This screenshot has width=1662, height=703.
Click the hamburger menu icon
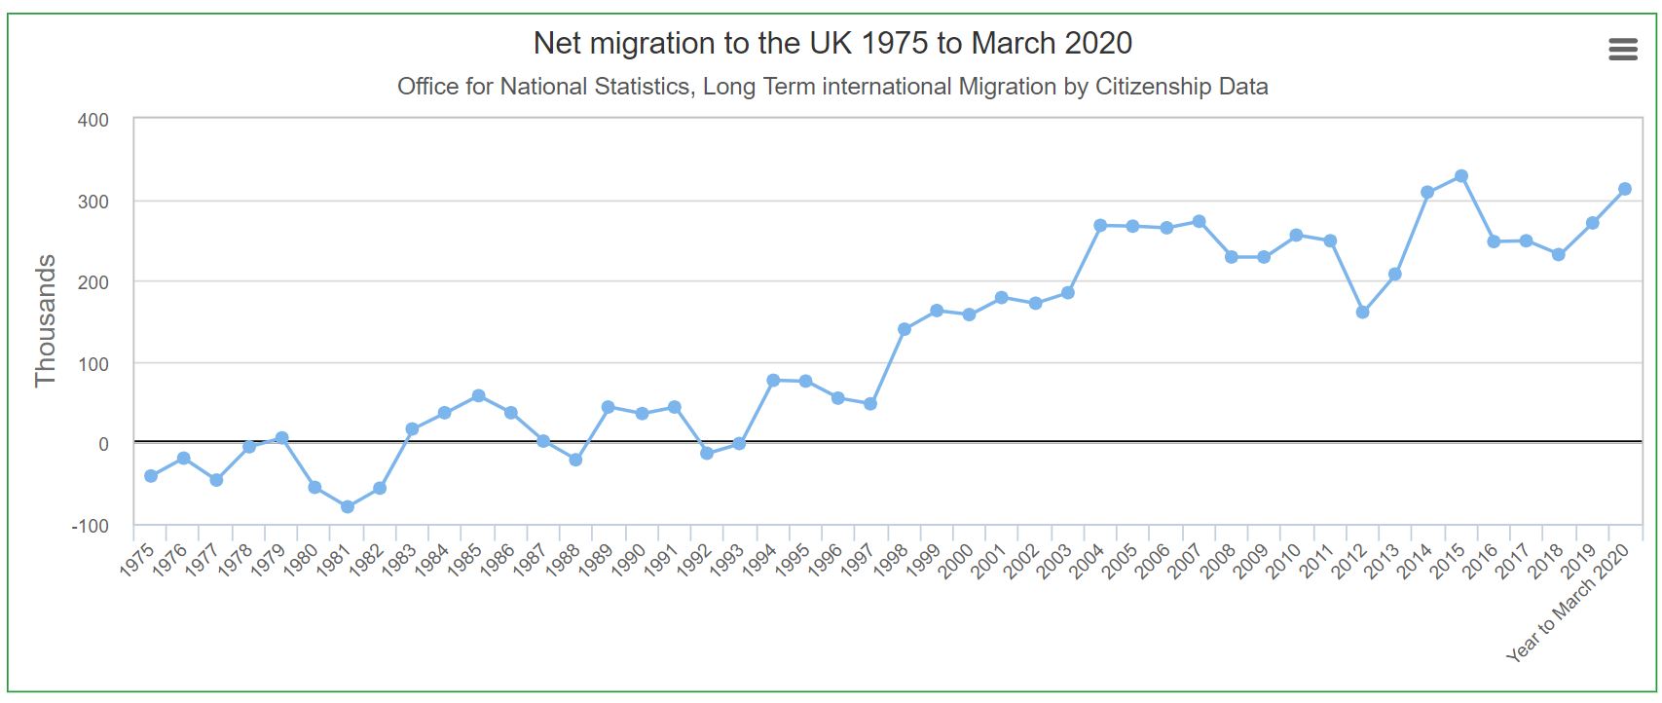pos(1622,49)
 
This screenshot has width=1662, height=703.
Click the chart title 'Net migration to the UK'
pos(832,43)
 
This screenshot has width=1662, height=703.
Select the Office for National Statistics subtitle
pos(832,87)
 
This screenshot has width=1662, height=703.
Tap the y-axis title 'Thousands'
pos(46,320)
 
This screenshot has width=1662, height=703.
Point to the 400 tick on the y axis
pos(93,120)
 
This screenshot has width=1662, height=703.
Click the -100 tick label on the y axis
pos(90,526)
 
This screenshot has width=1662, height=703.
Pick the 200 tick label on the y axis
pos(93,282)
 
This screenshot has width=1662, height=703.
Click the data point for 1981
pos(348,506)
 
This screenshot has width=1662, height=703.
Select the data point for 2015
pos(1461,176)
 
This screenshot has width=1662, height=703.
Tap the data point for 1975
pos(151,476)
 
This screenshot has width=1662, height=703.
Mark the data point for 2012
pos(1362,313)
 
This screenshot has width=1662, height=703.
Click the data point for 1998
pos(905,329)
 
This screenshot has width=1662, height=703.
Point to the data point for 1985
pos(478,395)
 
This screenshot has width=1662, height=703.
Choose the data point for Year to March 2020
pos(1625,189)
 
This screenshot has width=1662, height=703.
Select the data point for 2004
pos(1100,225)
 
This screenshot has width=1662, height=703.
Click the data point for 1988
pos(575,460)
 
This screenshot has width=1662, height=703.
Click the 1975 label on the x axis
pos(138,562)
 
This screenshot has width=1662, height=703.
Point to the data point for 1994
pos(773,380)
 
